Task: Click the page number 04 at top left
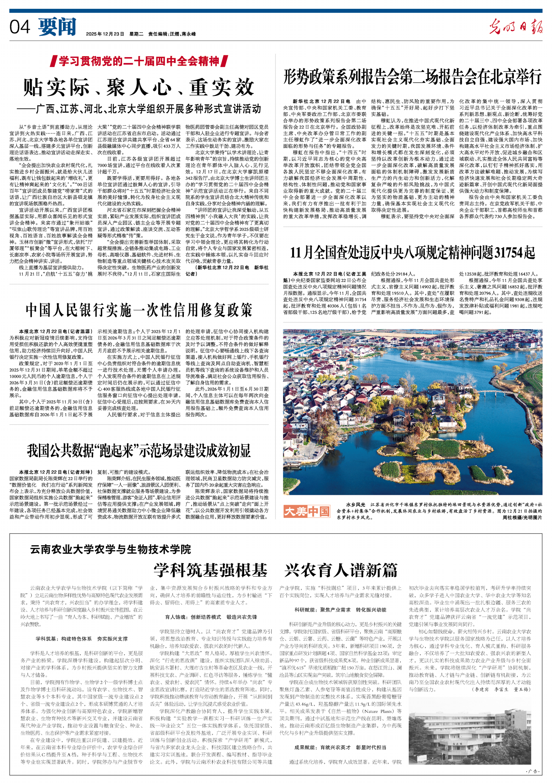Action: point(20,27)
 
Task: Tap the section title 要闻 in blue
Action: point(57,27)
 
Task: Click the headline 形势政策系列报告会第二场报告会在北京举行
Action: point(412,77)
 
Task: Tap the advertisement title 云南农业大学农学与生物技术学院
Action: point(111,550)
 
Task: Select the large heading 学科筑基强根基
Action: point(210,570)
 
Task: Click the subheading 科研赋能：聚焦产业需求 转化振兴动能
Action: point(340,610)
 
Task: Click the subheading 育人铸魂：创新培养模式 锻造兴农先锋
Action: point(211,617)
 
